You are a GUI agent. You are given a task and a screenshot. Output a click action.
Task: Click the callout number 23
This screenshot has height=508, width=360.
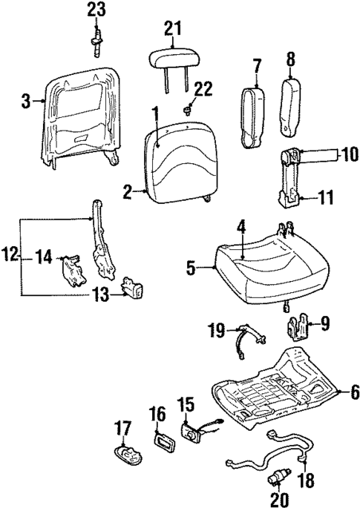tap(96, 10)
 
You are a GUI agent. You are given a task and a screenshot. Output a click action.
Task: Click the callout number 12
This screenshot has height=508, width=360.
tap(10, 257)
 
